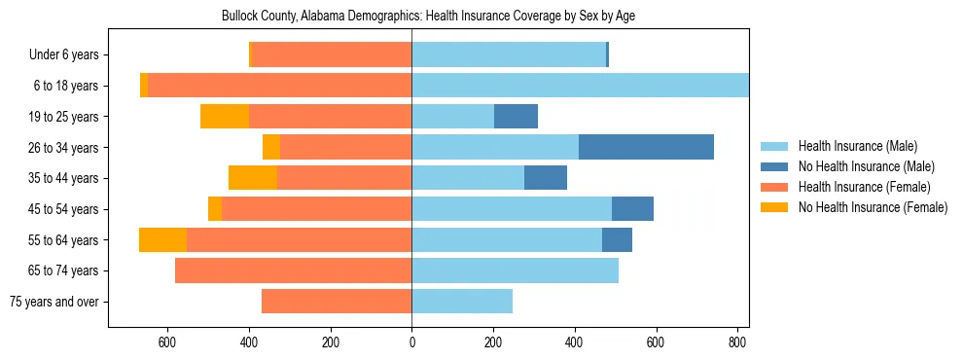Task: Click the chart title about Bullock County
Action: pyautogui.click(x=428, y=17)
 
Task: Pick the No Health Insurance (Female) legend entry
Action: pyautogui.click(x=873, y=207)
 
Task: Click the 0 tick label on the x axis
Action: pyautogui.click(x=411, y=342)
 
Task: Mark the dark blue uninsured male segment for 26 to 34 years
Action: pyautogui.click(x=646, y=147)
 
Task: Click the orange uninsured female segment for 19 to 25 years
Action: pyautogui.click(x=224, y=117)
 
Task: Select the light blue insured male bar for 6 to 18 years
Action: pyautogui.click(x=580, y=86)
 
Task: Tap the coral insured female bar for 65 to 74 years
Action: pyautogui.click(x=293, y=270)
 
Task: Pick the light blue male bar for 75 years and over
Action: pyautogui.click(x=462, y=302)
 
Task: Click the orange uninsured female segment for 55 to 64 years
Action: pyautogui.click(x=162, y=239)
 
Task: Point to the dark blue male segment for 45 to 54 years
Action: pyautogui.click(x=632, y=209)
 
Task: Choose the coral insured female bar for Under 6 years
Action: pyautogui.click(x=331, y=55)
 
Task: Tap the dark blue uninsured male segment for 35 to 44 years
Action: pyautogui.click(x=546, y=178)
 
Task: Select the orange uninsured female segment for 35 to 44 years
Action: pyautogui.click(x=253, y=178)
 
